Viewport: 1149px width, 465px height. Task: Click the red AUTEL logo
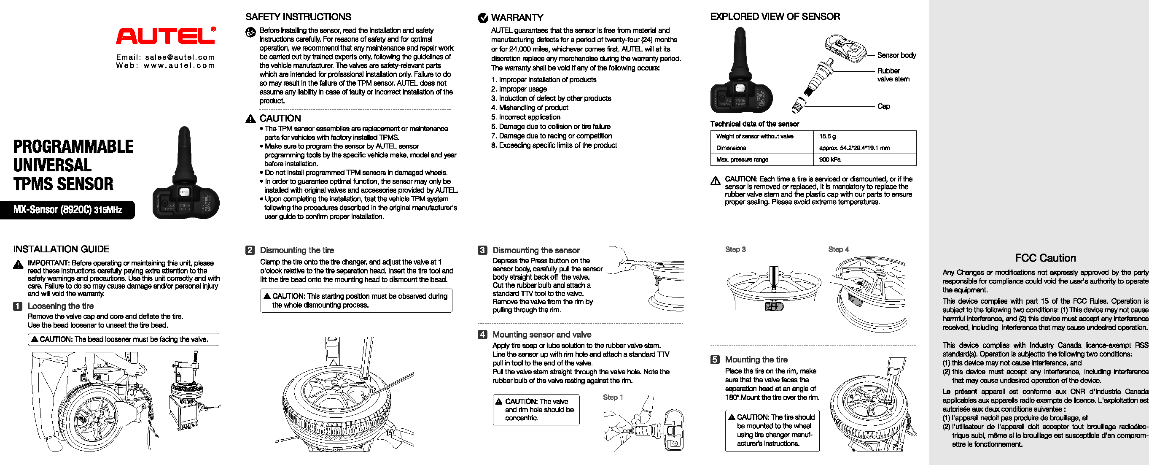[x=165, y=36]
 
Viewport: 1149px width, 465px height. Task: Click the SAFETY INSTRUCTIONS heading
[x=298, y=17]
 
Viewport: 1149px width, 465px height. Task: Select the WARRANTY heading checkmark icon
[x=483, y=18]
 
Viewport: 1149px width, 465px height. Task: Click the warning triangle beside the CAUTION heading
[x=251, y=119]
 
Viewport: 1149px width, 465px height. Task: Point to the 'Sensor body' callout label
[x=896, y=55]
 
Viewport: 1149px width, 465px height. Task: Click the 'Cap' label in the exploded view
[x=883, y=106]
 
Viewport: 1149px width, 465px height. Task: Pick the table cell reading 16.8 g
[x=827, y=136]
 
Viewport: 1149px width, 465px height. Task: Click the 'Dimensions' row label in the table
[x=731, y=148]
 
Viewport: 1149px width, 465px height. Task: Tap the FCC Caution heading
[x=1045, y=258]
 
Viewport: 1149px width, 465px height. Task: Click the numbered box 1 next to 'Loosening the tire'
[x=18, y=306]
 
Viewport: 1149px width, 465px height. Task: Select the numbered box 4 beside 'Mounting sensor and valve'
[x=483, y=335]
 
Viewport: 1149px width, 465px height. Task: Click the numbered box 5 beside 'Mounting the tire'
[x=715, y=360]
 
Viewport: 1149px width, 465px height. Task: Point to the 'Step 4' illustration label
[x=838, y=249]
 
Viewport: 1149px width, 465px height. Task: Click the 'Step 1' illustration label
[x=613, y=397]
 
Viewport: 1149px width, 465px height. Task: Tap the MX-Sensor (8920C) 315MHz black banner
[x=67, y=210]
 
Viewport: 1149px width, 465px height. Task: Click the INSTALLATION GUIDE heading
[x=62, y=249]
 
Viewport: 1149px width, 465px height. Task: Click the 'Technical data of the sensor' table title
[x=754, y=124]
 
